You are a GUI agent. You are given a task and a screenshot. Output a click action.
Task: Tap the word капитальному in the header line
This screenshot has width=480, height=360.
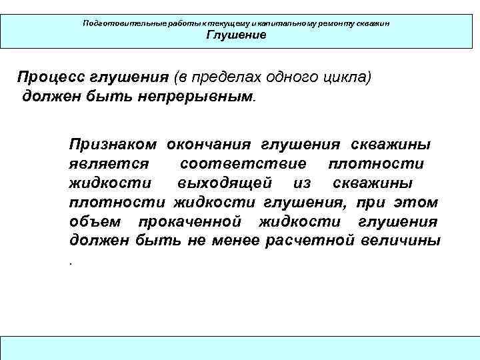click(273, 23)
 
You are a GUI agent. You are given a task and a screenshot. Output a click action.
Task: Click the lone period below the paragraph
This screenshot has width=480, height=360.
click(70, 262)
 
